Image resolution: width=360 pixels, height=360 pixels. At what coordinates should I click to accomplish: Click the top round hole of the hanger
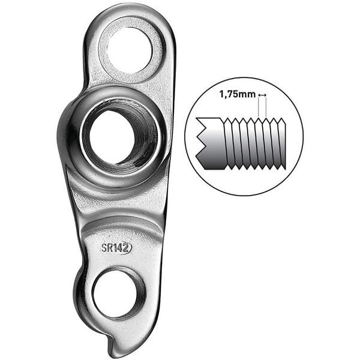(x=130, y=46)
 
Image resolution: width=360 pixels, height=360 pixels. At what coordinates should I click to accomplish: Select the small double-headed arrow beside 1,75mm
(x=261, y=95)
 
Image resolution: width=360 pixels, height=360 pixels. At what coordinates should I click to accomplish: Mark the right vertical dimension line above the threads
(x=265, y=108)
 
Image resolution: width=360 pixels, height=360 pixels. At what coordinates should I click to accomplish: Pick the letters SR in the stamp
(x=107, y=247)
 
